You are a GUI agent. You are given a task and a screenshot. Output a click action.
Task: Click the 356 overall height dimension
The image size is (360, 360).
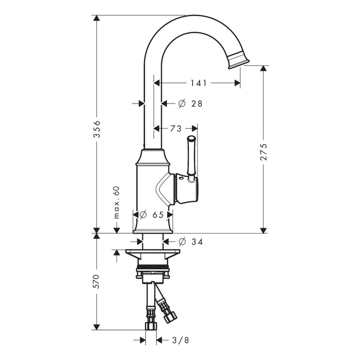click(x=97, y=129)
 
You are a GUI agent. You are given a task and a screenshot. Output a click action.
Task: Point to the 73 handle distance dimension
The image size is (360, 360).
click(x=176, y=128)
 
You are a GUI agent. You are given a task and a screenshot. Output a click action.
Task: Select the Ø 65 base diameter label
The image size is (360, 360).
click(x=152, y=215)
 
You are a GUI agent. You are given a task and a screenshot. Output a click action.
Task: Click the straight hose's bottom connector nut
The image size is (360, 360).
click(x=150, y=325)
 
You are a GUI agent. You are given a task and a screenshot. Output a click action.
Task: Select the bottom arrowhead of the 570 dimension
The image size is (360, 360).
click(x=97, y=327)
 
